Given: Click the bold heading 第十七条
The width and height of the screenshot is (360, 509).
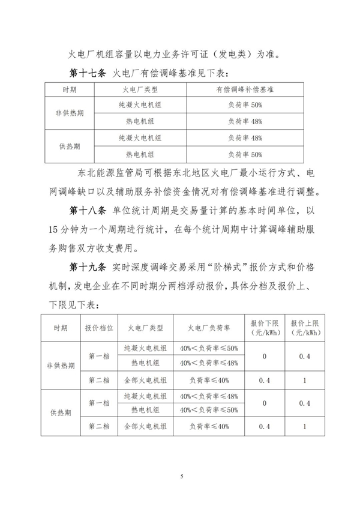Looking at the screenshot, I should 88,73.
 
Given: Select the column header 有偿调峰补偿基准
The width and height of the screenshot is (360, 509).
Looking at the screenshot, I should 244,89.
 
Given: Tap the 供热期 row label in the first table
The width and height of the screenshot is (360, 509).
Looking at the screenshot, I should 70,146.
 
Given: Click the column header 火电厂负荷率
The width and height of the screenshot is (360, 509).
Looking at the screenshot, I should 209,327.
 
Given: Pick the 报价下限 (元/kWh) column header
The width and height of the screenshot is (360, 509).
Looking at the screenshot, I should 264,327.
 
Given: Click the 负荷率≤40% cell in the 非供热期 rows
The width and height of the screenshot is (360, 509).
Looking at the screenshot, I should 209,379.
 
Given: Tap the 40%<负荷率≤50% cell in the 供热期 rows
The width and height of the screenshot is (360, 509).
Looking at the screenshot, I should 209,409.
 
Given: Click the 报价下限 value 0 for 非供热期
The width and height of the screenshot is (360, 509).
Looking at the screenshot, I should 264,355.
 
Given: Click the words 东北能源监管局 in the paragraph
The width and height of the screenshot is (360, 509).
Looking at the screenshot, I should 112,174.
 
